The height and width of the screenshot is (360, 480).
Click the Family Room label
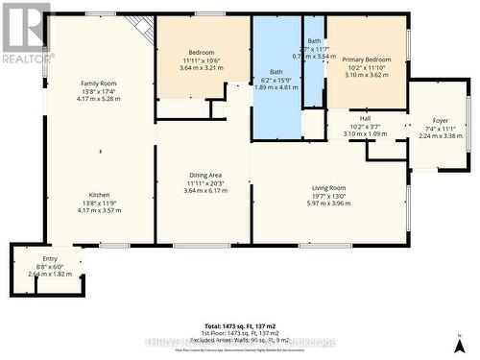98,84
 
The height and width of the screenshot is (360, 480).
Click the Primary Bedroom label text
366,52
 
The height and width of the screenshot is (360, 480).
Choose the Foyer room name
441,121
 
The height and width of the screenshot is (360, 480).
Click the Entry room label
49,259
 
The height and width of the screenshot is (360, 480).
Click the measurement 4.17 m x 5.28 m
98,98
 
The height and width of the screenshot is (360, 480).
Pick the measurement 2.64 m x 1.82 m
49,274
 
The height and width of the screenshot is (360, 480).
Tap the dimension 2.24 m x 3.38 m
441,135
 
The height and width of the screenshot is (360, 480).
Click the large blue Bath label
276,71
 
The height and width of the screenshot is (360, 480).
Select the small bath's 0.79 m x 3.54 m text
315,57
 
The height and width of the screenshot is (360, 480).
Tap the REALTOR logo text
27,59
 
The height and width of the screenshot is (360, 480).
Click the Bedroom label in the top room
202,52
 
